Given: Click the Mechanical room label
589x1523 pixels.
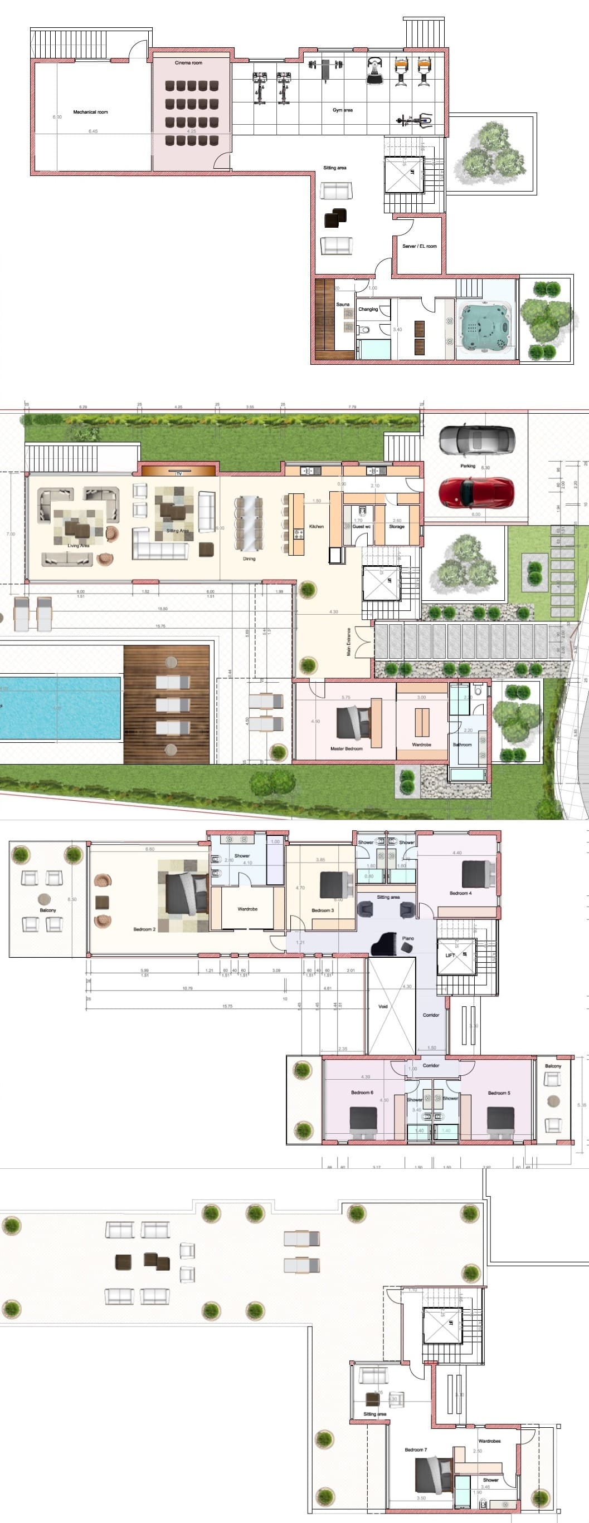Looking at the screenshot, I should [x=90, y=112].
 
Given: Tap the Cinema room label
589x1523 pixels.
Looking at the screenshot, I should [x=188, y=63].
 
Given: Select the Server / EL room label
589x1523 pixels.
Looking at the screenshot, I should [x=419, y=246].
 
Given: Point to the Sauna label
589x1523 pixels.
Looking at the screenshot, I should [x=343, y=305].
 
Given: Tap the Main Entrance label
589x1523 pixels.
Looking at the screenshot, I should [x=349, y=642].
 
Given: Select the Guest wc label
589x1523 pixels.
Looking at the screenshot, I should [x=361, y=526].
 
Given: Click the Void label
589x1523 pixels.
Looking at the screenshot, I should [x=383, y=1006].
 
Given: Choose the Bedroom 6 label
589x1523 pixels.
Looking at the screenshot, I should [x=362, y=1092].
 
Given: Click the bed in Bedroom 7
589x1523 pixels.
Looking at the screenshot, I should [x=434, y=1474].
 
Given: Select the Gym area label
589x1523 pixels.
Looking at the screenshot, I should [x=342, y=110].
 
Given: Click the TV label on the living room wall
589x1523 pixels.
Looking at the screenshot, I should [x=178, y=473].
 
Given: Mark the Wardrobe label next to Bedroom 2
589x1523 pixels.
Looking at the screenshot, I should [x=247, y=909].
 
